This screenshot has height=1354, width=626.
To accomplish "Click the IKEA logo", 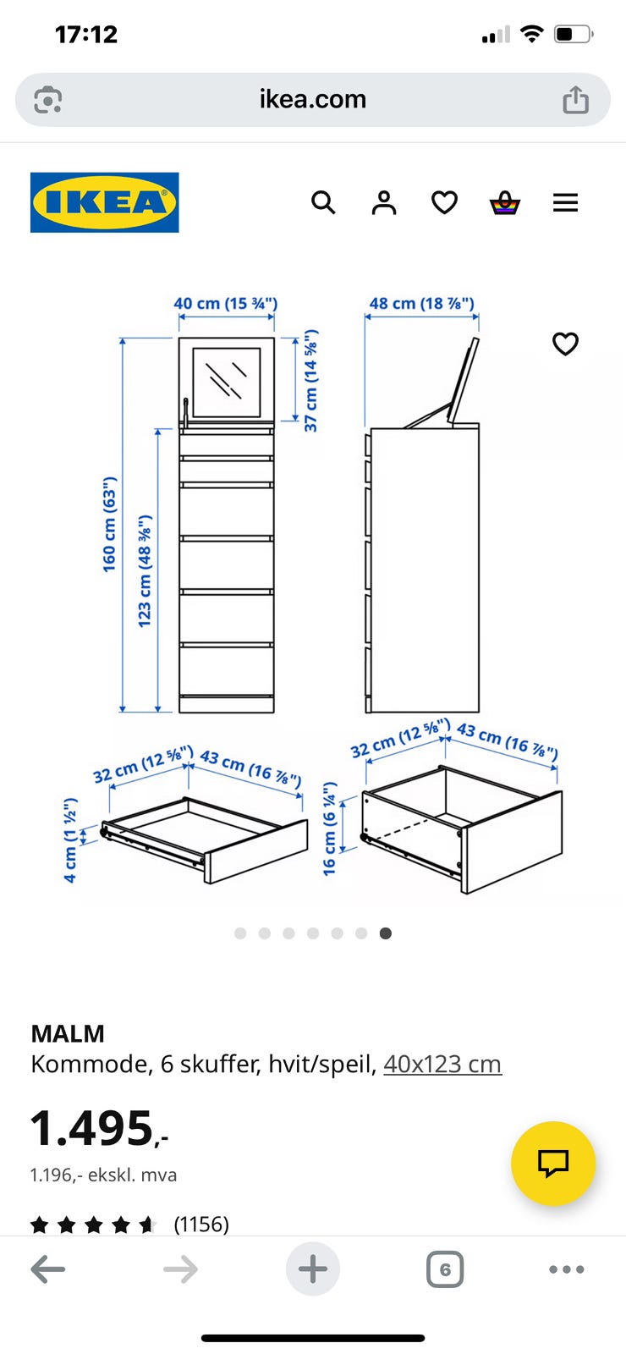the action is pos(105,202).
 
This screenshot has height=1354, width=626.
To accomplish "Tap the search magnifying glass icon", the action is pos(323,202).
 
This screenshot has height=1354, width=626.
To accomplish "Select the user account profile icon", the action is pos(384,202).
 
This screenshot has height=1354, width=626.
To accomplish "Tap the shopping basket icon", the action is pos(504,203).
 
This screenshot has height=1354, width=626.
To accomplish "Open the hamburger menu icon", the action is pos(566,202).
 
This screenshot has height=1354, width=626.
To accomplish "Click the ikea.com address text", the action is pos(313,99).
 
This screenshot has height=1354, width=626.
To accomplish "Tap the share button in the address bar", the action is pos(576,100).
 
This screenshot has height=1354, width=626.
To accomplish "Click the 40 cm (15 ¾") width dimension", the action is pos(225,304).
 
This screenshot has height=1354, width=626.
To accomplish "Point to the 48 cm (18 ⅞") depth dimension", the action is pos(422,304).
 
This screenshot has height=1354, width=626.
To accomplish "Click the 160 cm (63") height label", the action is pos(109,524).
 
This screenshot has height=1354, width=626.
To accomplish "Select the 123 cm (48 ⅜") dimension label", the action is pos(145,571).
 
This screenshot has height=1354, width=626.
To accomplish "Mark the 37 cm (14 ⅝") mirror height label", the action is pos(310,381).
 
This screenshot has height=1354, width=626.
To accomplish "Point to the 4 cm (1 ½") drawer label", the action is pos(70,840).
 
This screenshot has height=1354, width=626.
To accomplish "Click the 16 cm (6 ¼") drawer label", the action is pos(329,828).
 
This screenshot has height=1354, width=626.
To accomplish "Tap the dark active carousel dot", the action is pos(386,933).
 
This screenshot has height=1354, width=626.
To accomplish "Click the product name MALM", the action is pos(68,1033).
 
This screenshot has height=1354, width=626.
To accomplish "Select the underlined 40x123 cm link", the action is pos(442,1064).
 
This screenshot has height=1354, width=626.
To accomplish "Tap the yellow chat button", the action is pos(553,1164).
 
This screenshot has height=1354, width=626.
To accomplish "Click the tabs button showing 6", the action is pos(445,1269).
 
